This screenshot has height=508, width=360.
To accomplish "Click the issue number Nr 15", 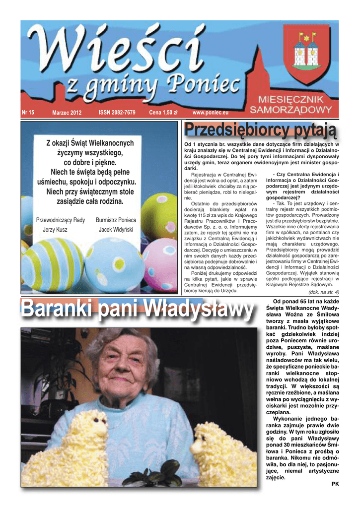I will pos(28,113).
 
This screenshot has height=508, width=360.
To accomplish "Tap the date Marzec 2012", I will pos(67,113).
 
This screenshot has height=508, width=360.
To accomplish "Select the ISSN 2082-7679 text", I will pos(117,113).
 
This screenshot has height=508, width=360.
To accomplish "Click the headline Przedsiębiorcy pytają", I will pos(260,131).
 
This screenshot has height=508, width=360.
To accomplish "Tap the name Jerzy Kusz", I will pos(55,230).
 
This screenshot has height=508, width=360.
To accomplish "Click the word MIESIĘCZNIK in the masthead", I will pos(294,99).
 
